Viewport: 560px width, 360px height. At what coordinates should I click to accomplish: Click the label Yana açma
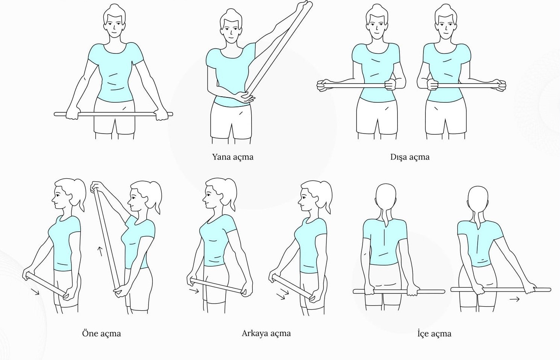point(233,157)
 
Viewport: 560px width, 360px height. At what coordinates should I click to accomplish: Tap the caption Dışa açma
point(410,157)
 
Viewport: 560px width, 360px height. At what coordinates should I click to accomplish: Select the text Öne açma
point(102,333)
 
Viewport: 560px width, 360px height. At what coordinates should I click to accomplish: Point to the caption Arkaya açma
point(266,333)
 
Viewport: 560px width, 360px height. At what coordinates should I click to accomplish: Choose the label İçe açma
point(434,334)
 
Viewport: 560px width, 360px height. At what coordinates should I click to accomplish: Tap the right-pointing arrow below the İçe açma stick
point(514,299)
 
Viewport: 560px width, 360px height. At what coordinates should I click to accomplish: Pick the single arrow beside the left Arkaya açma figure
point(194,291)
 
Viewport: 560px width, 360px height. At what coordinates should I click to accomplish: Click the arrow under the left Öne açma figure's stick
point(35,292)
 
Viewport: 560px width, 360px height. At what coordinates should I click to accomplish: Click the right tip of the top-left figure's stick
point(172,114)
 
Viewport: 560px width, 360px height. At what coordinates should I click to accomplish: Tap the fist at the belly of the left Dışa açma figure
point(390,84)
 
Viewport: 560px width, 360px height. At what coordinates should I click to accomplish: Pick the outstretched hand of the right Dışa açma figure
point(499,85)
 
